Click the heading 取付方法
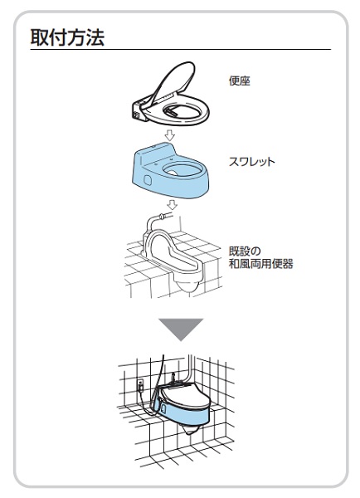coord(67,37)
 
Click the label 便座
coord(240,81)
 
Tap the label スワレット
coord(251,162)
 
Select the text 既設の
coord(245,251)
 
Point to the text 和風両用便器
coord(261,264)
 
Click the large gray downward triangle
coord(181,330)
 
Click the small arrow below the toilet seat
coord(170,135)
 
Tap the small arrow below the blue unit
coord(172,204)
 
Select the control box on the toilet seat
coord(138,110)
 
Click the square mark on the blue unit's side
coord(148,180)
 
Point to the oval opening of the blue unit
coord(182,170)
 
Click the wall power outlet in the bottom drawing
coord(141,385)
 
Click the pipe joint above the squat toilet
coord(163,217)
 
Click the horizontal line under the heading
coord(181,50)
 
